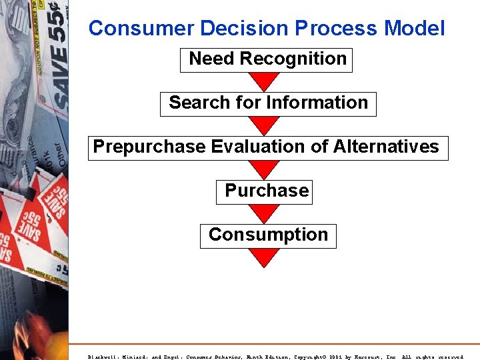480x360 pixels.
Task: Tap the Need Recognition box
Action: click(x=267, y=59)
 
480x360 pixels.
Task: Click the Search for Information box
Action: click(x=268, y=103)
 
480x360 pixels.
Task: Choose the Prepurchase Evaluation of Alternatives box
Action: click(x=267, y=147)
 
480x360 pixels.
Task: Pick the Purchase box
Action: click(x=266, y=191)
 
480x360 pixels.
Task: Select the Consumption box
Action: click(x=268, y=235)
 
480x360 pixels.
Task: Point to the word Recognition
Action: click(x=293, y=59)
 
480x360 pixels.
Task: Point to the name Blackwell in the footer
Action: click(x=103, y=356)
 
